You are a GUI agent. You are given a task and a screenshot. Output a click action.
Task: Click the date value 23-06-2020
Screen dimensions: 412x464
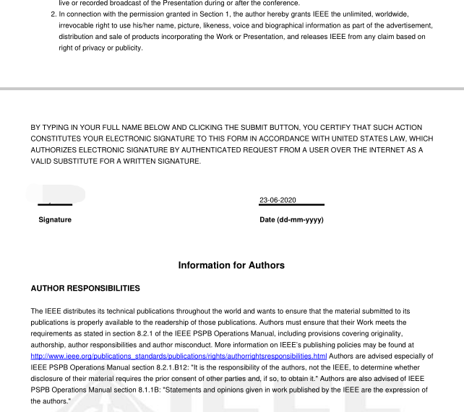click(x=278, y=200)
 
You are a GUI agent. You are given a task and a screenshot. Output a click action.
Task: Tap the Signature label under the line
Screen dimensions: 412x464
click(x=55, y=220)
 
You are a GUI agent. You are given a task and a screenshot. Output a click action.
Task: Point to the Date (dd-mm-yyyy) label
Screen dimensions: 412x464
click(x=291, y=220)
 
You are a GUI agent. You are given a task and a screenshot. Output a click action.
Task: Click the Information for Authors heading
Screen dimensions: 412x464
click(x=231, y=266)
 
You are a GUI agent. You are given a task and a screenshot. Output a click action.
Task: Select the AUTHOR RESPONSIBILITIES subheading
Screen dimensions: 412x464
click(x=85, y=289)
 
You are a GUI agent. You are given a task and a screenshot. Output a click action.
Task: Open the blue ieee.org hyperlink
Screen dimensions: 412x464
click(x=179, y=356)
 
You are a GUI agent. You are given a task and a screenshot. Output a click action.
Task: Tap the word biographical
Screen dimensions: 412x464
click(x=283, y=25)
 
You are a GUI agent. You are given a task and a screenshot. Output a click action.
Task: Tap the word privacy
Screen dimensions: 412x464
click(x=87, y=48)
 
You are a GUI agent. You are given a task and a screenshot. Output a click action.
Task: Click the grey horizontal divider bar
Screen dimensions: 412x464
click(x=231, y=89)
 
